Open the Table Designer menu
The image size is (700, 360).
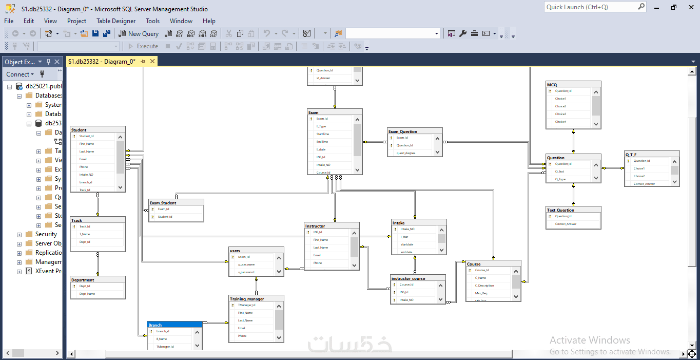point(116,21)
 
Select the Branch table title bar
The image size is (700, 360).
point(174,325)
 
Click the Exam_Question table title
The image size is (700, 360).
point(403,131)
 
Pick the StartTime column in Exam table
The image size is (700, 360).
point(323,134)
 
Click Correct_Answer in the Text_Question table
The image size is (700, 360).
point(566,224)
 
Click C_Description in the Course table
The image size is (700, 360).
point(484,286)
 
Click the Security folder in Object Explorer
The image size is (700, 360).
point(46,234)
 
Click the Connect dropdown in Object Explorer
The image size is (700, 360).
point(20,74)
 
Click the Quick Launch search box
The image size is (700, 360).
point(594,7)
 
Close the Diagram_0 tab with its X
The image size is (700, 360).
point(152,62)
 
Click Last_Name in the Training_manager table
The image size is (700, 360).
point(245,320)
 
